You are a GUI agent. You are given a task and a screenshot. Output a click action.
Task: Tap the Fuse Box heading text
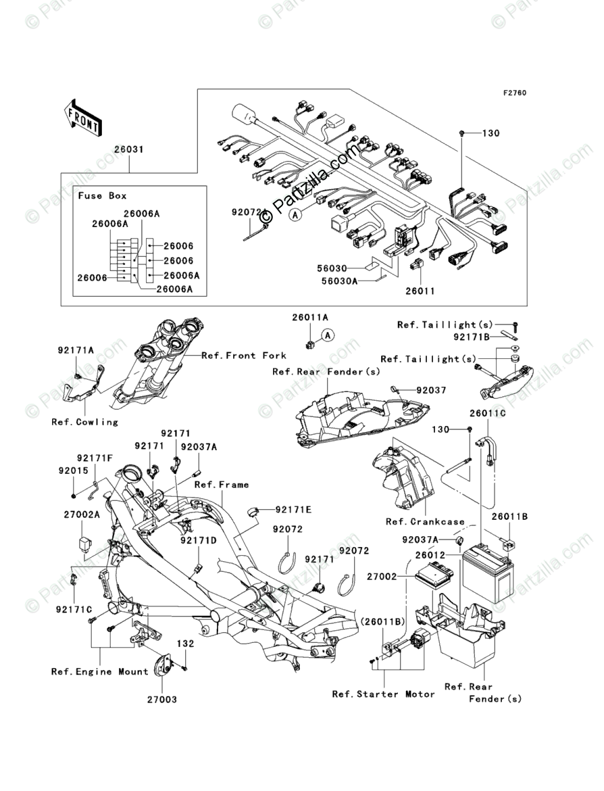102,195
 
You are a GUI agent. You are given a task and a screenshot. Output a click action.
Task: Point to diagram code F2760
513,93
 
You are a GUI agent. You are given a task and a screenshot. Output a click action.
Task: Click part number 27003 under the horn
161,700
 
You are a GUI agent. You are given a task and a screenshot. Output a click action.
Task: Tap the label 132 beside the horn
186,644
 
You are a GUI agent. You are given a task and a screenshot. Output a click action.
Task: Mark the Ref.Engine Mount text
99,671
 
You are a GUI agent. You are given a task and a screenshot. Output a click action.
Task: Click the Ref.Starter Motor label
384,694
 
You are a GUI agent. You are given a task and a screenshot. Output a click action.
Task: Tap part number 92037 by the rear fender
432,390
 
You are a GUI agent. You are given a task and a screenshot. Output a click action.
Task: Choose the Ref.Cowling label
84,422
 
